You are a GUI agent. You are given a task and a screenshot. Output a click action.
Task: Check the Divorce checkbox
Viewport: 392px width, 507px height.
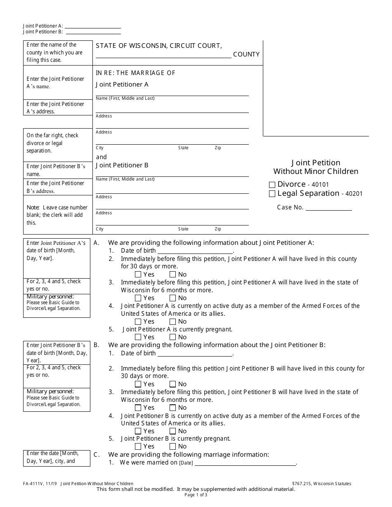pyautogui.click(x=272, y=185)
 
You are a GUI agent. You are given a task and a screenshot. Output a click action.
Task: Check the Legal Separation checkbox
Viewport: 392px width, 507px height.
pyautogui.click(x=272, y=194)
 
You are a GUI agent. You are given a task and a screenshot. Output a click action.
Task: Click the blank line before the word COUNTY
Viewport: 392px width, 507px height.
pyautogui.click(x=163, y=55)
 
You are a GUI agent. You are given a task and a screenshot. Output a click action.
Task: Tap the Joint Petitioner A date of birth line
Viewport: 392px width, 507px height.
pyautogui.click(x=195, y=251)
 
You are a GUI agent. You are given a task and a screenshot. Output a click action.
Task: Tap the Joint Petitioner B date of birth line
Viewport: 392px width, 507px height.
pyautogui.click(x=195, y=353)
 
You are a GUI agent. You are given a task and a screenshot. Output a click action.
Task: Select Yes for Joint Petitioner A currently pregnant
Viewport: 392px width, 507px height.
pyautogui.click(x=138, y=337)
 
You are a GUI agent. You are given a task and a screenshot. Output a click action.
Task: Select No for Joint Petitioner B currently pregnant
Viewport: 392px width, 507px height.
pyautogui.click(x=172, y=446)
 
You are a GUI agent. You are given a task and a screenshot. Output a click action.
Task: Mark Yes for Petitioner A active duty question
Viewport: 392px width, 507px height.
pyautogui.click(x=138, y=322)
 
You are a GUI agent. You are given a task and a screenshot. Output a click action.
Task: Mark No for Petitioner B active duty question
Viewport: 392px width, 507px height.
pyautogui.click(x=172, y=431)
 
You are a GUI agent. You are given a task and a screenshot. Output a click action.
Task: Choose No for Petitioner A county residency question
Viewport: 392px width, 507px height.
pyautogui.click(x=172, y=275)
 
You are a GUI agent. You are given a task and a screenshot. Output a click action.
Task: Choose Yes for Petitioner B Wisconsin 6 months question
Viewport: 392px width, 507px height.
pyautogui.click(x=138, y=408)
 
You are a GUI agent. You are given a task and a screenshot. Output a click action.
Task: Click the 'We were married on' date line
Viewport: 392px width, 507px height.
pyautogui.click(x=245, y=463)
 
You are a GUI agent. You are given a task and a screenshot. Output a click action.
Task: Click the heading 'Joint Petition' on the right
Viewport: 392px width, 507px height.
pyautogui.click(x=316, y=163)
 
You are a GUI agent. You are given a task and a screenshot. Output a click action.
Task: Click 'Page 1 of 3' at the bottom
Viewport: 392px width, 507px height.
pyautogui.click(x=196, y=495)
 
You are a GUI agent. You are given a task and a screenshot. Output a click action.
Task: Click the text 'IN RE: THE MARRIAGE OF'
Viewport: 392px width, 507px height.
pyautogui.click(x=135, y=73)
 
